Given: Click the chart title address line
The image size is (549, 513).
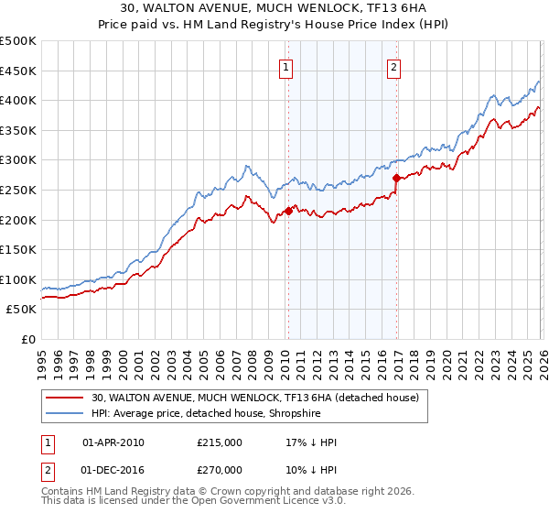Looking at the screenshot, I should click(x=274, y=8).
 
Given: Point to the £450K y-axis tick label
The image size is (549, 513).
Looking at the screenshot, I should click(x=18, y=71).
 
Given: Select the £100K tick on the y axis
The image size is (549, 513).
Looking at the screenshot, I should click(x=18, y=279).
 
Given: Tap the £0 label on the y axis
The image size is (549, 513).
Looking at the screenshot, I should click(x=29, y=339).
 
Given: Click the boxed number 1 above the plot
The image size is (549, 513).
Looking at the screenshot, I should click(x=286, y=66).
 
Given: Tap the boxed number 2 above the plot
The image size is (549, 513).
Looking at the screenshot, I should click(x=393, y=66).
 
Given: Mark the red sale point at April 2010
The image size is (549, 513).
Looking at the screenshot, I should click(x=288, y=211).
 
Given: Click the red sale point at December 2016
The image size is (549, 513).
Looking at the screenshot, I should click(x=396, y=179).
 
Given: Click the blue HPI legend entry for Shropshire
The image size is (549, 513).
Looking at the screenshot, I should click(x=218, y=414).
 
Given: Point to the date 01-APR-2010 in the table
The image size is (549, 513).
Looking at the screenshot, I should click(x=113, y=442).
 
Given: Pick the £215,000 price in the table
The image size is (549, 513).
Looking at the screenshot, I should click(x=219, y=442).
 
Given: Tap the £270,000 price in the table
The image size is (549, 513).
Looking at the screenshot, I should click(x=219, y=469).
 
